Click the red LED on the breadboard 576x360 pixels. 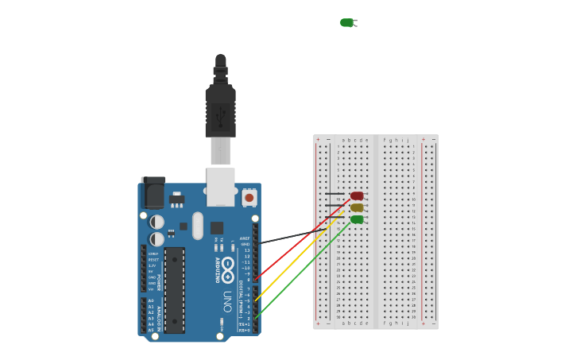pyautogui.click(x=357, y=195)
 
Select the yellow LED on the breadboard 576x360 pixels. pyautogui.click(x=357, y=207)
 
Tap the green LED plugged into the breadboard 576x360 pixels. pyautogui.click(x=357, y=219)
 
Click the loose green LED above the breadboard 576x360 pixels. pyautogui.click(x=346, y=22)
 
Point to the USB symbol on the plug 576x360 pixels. pyautogui.click(x=220, y=115)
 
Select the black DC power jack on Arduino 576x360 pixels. pyautogui.click(x=153, y=193)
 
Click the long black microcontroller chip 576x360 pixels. pyautogui.click(x=175, y=290)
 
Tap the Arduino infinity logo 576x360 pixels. pyautogui.click(x=228, y=265)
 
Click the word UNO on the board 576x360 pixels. pyautogui.click(x=227, y=301)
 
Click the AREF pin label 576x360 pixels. pyautogui.click(x=245, y=238)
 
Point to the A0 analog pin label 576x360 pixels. pyautogui.click(x=151, y=301)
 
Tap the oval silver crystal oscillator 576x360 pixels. pyautogui.click(x=197, y=225)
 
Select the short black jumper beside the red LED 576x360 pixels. pyautogui.click(x=334, y=193)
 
